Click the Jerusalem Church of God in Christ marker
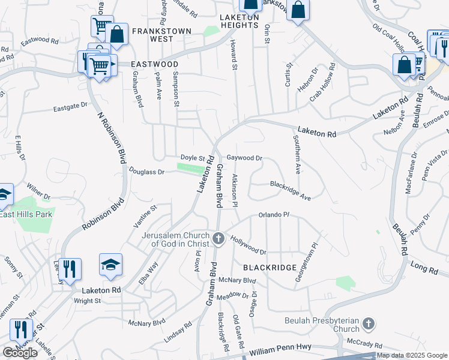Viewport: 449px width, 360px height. coord(218,239)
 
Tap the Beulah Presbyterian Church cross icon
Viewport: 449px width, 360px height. coord(369,325)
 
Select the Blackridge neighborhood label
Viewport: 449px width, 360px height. coord(270,267)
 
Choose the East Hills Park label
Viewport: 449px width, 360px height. coord(26,214)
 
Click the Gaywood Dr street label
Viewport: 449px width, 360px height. coord(244,158)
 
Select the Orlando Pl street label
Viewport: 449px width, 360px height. coord(274,214)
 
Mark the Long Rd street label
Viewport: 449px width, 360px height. coord(424,268)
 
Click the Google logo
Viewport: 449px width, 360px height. coord(20,353)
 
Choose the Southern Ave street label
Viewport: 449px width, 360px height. coord(297,154)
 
